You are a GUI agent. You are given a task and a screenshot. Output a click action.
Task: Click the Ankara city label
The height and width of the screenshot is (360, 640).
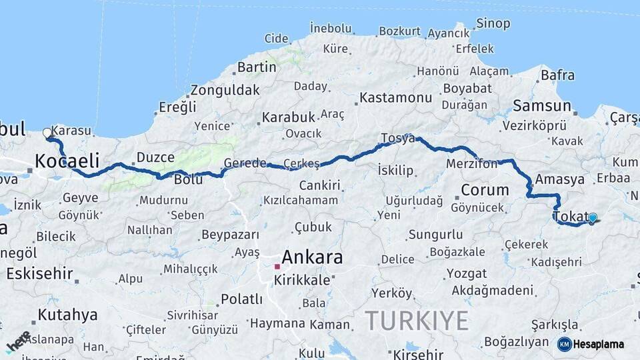point(312,257)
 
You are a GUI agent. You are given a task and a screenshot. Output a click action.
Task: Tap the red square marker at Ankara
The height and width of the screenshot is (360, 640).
point(277,267)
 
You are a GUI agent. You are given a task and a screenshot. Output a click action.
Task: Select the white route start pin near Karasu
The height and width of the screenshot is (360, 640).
point(47,133)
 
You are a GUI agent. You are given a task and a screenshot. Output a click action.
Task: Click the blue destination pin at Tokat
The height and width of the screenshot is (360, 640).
point(592,218)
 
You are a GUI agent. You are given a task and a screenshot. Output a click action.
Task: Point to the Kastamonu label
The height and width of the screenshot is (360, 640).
point(396,98)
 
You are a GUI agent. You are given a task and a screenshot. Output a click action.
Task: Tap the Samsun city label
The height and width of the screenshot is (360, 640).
point(542,105)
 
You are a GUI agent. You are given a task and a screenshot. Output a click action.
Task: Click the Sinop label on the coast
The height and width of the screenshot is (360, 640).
point(493,24)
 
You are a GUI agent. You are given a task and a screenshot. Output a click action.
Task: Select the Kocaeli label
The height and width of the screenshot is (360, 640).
point(67,161)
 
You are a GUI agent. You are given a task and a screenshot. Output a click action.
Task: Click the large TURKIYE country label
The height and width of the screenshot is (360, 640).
point(417,321)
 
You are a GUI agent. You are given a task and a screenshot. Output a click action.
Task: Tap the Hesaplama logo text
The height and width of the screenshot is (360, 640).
point(599,345)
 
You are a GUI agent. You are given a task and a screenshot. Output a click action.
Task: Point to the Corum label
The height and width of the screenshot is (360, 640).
point(485,190)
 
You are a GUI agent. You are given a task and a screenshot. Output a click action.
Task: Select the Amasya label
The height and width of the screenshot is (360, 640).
point(560,179)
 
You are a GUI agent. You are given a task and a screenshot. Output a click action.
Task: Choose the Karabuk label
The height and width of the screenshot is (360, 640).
point(288,117)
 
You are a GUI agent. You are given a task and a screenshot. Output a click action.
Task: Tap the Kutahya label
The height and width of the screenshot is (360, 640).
point(67,314)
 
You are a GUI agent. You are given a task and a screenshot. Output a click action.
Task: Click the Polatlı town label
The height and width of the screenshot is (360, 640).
point(241,299)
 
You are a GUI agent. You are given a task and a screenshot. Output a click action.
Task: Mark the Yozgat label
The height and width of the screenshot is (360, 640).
point(466,273)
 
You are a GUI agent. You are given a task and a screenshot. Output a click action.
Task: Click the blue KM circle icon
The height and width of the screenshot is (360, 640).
point(564,345)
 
